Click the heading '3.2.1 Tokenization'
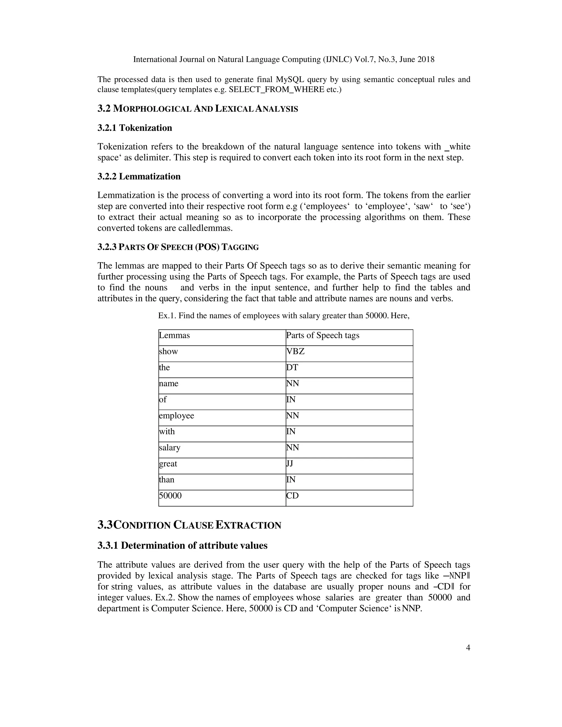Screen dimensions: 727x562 click(134, 128)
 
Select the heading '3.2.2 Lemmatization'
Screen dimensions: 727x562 click(139, 176)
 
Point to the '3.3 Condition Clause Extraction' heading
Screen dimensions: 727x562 click(189, 525)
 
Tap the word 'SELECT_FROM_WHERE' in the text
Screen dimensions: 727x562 click(276, 89)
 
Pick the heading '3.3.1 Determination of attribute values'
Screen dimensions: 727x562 click(182, 546)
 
